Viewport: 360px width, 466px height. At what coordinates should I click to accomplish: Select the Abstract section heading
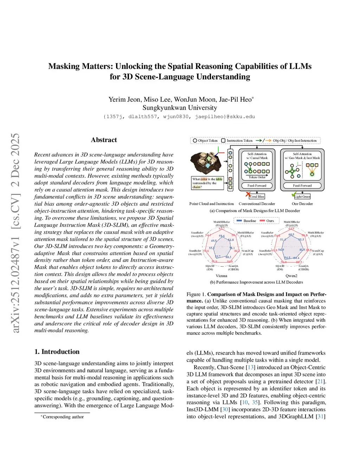[x=104, y=140]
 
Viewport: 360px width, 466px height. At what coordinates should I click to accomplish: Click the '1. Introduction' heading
[x=57, y=352]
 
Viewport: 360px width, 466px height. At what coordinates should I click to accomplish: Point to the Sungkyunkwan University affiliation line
[x=180, y=108]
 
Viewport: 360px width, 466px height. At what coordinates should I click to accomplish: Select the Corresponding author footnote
[x=63, y=417]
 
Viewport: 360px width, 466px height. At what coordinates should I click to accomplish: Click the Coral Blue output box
[x=257, y=197]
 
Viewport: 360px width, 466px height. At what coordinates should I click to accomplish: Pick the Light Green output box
[x=302, y=197]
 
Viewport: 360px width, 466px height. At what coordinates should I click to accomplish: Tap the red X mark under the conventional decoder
[x=248, y=194]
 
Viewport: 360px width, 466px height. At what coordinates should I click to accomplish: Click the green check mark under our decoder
[x=294, y=194]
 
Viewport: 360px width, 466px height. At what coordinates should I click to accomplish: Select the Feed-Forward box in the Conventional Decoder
[x=257, y=186]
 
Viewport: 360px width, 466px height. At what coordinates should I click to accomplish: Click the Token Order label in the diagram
[x=257, y=177]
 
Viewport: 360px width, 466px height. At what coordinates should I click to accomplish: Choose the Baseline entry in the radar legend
[x=247, y=221]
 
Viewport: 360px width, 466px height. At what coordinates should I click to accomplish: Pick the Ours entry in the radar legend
[x=268, y=221]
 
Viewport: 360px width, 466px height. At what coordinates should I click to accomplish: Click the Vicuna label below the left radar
[x=221, y=276]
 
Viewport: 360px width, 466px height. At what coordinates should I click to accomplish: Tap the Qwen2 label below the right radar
[x=291, y=276]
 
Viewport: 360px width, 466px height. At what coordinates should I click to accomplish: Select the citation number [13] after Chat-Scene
[x=251, y=368]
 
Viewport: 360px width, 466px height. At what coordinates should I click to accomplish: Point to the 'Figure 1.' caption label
[x=196, y=294]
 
